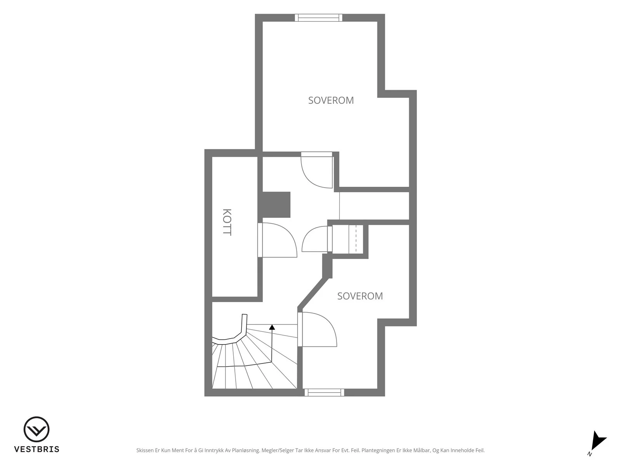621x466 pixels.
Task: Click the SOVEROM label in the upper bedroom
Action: point(331,101)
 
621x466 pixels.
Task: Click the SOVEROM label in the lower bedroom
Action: point(360,296)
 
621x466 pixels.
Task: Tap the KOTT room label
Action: point(227,222)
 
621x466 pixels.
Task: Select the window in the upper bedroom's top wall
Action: point(319,17)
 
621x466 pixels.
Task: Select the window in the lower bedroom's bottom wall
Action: point(324,393)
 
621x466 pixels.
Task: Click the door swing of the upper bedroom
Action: point(316,170)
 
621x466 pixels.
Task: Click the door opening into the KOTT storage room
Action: point(277,240)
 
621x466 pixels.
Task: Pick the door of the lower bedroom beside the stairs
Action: point(317,329)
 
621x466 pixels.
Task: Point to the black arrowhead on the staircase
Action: point(272,327)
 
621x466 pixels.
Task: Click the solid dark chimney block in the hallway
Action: point(276,205)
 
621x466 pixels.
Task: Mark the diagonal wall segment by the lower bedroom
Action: point(313,293)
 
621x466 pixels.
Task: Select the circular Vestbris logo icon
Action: point(36,429)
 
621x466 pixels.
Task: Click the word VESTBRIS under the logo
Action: point(37,449)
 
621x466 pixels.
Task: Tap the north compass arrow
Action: point(598,443)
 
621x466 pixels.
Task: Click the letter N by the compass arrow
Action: point(590,454)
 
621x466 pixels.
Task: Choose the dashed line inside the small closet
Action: point(356,239)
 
